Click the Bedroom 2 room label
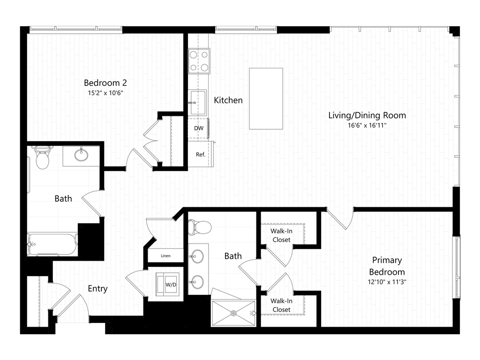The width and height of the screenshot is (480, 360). pyautogui.click(x=105, y=82)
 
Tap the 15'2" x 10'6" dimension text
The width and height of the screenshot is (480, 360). pyautogui.click(x=105, y=93)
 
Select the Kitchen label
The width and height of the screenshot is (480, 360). pyautogui.click(x=228, y=100)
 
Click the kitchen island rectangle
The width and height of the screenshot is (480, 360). pyautogui.click(x=266, y=98)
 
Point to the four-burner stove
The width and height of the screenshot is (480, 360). pyautogui.click(x=199, y=61)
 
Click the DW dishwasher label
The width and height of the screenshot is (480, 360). pyautogui.click(x=199, y=128)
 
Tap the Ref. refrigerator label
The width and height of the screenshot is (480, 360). pyautogui.click(x=201, y=155)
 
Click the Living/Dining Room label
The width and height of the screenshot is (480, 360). pyautogui.click(x=367, y=115)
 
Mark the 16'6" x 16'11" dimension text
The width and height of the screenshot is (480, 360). pyautogui.click(x=367, y=125)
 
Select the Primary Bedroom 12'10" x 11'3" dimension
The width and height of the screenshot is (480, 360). pyautogui.click(x=387, y=282)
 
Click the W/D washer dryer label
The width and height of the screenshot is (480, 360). pyautogui.click(x=171, y=285)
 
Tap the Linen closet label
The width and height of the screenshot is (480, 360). pyautogui.click(x=165, y=255)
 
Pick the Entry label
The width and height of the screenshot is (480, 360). pyautogui.click(x=97, y=289)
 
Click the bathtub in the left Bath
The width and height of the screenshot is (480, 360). pyautogui.click(x=52, y=244)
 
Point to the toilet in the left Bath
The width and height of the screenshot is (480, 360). pyautogui.click(x=42, y=157)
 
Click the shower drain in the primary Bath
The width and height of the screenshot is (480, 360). pyautogui.click(x=233, y=313)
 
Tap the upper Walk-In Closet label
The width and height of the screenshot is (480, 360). pyautogui.click(x=281, y=235)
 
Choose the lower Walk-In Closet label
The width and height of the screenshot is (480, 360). pyautogui.click(x=281, y=305)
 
